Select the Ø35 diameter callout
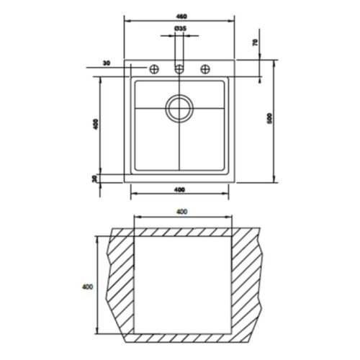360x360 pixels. click(x=180, y=28)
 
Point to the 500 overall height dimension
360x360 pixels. click(x=270, y=120)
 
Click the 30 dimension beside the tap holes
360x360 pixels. click(x=107, y=65)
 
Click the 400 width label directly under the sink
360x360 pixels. click(x=180, y=189)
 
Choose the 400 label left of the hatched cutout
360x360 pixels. click(x=88, y=287)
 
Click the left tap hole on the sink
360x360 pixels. click(x=154, y=69)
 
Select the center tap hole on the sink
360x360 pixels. click(x=180, y=69)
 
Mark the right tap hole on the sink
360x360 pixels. click(x=206, y=69)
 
